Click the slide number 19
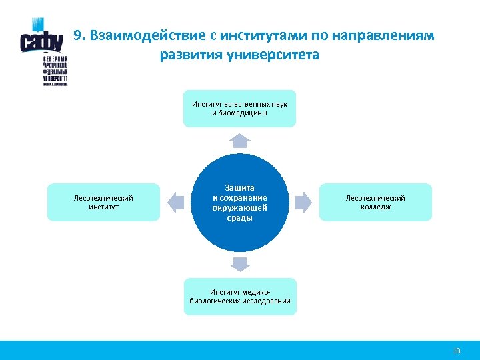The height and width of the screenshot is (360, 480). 457,350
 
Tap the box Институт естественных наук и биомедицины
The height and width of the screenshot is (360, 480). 240,108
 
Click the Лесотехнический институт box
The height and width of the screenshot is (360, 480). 103,202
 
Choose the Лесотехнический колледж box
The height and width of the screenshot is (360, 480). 375,202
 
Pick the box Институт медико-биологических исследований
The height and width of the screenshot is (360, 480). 240,297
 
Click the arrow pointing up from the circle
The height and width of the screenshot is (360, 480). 240,140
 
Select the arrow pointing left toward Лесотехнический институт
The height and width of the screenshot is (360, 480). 176,202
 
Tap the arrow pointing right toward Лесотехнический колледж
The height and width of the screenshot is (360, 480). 303,202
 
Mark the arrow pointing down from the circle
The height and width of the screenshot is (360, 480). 240,264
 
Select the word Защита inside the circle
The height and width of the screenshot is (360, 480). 240,188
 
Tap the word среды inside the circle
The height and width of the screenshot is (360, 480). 240,217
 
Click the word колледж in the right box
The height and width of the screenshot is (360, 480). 376,207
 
